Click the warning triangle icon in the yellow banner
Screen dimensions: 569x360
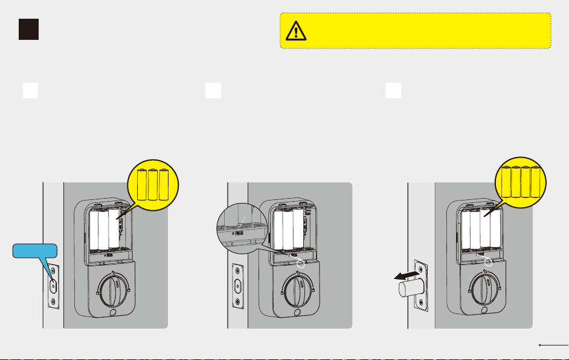coord(296,30)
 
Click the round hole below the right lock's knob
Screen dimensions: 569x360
coord(485,312)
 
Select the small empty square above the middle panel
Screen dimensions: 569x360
coord(212,90)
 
